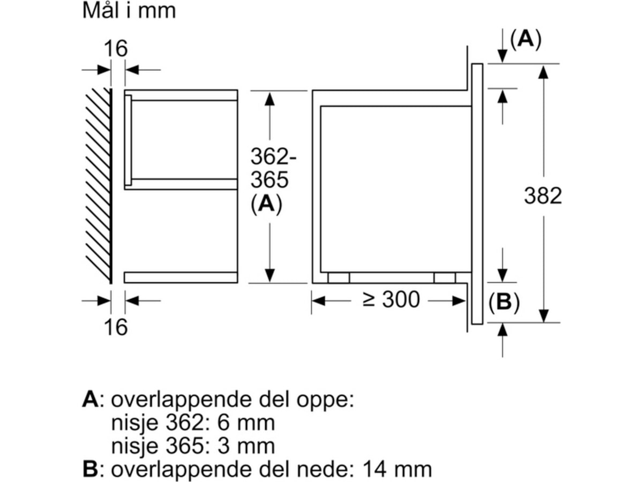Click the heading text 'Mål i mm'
coord(129,11)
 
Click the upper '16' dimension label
coord(116,49)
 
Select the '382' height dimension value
coord(543,196)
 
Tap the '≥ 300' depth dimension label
coord(391,300)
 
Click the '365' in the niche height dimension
coord(270,180)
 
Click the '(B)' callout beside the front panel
coord(504,303)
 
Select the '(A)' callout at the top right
coord(525,39)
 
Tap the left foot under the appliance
coord(338,277)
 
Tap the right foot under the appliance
coord(444,277)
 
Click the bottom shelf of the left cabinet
coord(181,277)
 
